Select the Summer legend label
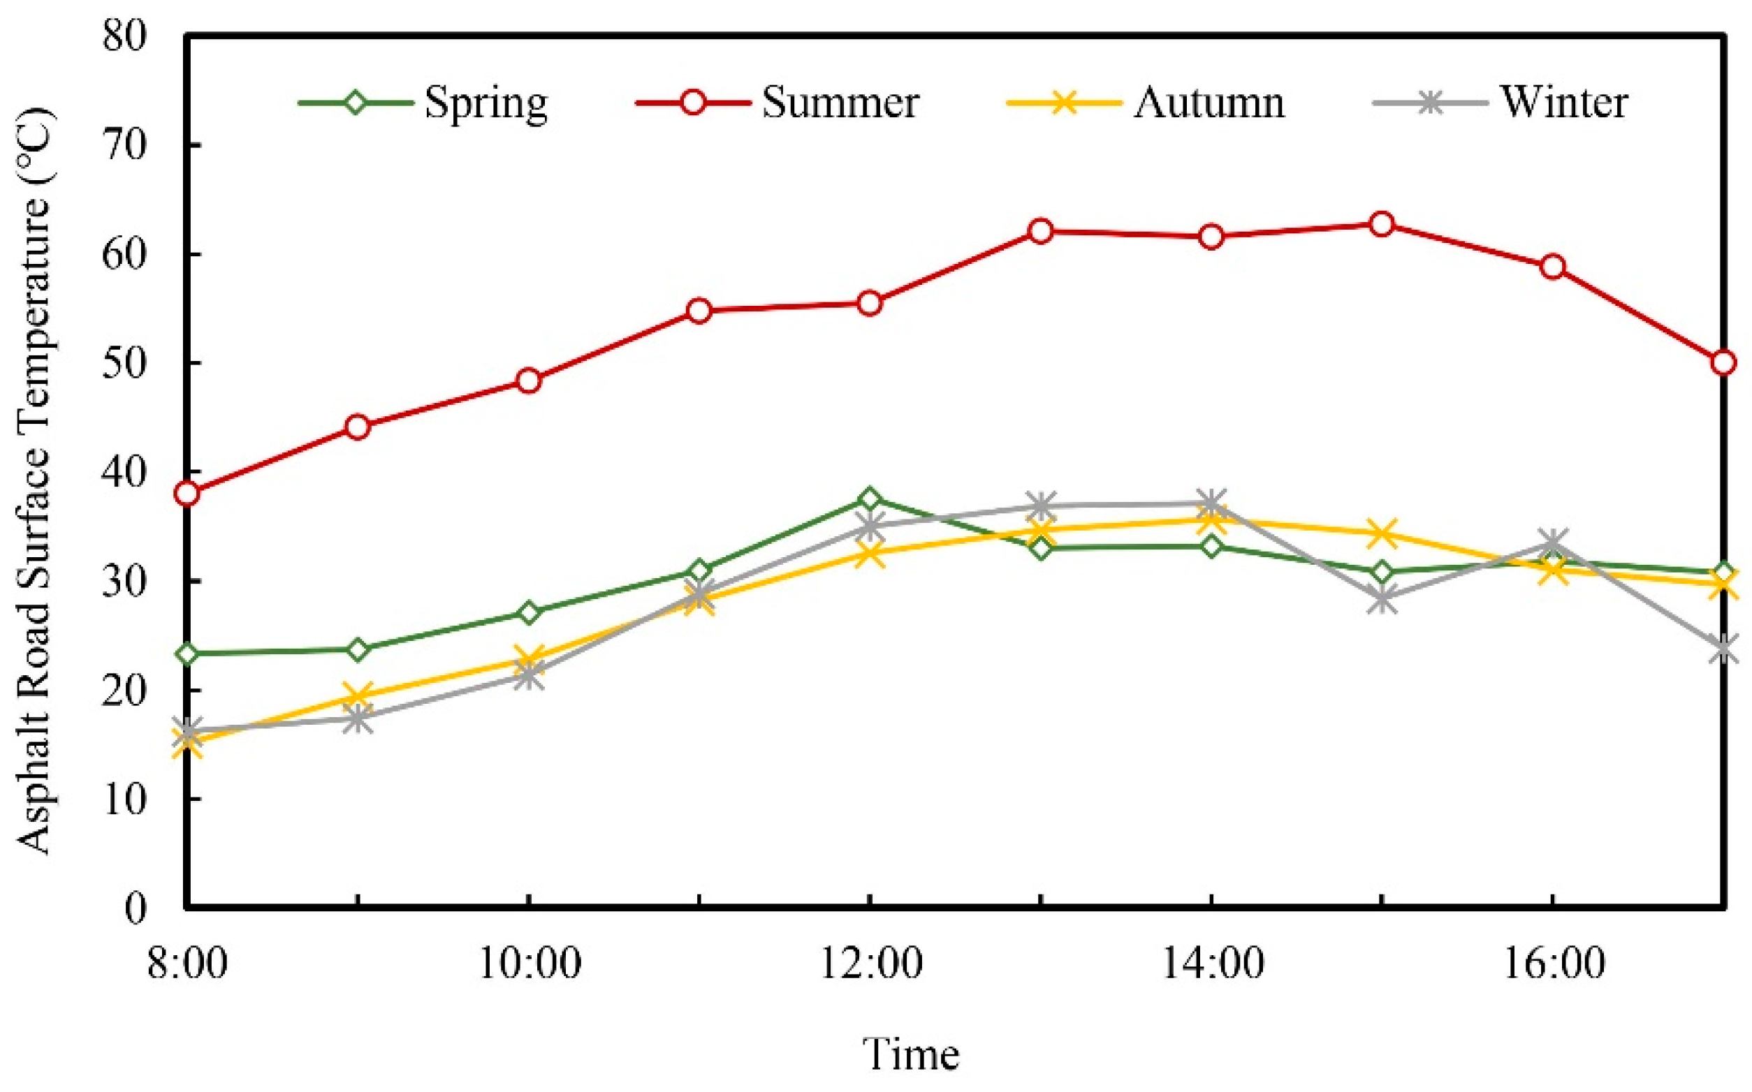pyautogui.click(x=840, y=103)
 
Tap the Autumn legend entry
pyautogui.click(x=1209, y=103)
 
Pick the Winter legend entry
pyautogui.click(x=1564, y=103)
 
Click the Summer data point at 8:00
pyautogui.click(x=187, y=493)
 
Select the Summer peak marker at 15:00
pyautogui.click(x=1381, y=225)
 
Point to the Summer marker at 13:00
pyautogui.click(x=1040, y=231)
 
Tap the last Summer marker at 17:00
pyautogui.click(x=1723, y=362)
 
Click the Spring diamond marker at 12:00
pyautogui.click(x=870, y=499)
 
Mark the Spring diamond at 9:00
pyautogui.click(x=358, y=649)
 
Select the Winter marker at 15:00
pyautogui.click(x=1381, y=599)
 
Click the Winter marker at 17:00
pyautogui.click(x=1723, y=648)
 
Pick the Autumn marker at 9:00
pyautogui.click(x=358, y=696)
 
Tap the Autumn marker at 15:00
pyautogui.click(x=1381, y=533)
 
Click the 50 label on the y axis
pyautogui.click(x=124, y=362)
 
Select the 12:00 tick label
pyautogui.click(x=870, y=963)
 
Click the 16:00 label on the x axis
pyautogui.click(x=1554, y=963)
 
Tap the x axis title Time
pyautogui.click(x=912, y=1054)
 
